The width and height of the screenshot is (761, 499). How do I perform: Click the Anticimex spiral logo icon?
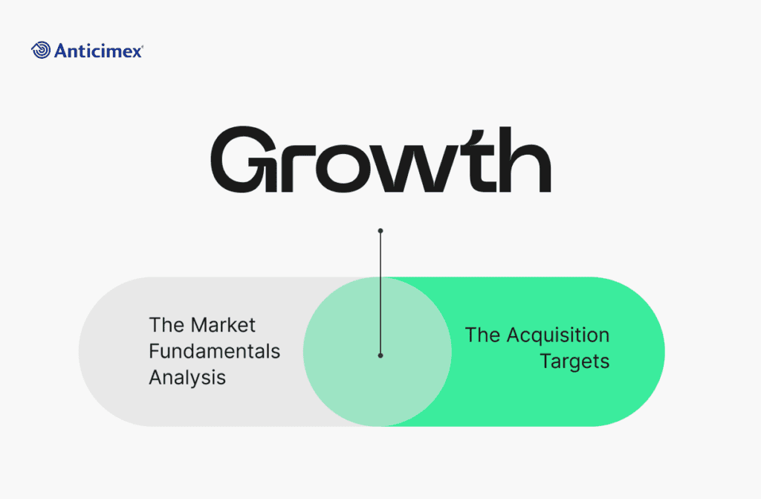[x=41, y=50]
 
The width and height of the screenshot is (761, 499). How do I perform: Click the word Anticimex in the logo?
[x=98, y=51]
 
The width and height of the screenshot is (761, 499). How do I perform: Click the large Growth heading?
[x=381, y=159]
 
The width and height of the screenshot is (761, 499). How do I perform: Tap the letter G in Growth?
[x=237, y=159]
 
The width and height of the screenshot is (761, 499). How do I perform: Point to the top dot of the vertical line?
[x=380, y=231]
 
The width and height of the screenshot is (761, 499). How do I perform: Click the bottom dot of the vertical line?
[x=380, y=355]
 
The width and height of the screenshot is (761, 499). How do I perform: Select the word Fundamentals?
[x=215, y=351]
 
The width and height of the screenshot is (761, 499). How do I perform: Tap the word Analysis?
[x=187, y=378]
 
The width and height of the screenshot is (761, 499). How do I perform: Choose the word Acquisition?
[x=558, y=335]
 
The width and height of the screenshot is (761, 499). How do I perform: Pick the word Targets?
[x=574, y=361]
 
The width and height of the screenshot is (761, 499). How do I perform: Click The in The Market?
[x=166, y=325]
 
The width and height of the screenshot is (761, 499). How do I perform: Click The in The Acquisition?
[x=482, y=335]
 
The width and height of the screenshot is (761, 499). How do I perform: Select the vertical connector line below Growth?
[x=380, y=293]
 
